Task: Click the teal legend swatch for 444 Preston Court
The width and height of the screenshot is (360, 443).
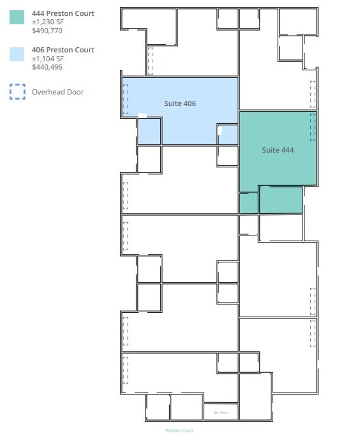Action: [17, 17]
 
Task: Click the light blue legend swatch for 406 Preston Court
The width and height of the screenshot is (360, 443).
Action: [17, 54]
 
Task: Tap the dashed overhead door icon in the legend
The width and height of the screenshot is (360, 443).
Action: [17, 92]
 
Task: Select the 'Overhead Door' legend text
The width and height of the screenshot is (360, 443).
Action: [57, 92]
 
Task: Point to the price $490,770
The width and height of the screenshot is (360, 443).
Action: [47, 30]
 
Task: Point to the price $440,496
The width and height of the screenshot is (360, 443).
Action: [47, 67]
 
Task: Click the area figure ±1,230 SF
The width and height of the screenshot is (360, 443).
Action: [48, 22]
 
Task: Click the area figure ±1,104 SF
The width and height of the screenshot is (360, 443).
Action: [48, 59]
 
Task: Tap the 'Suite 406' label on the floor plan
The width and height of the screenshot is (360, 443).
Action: [180, 103]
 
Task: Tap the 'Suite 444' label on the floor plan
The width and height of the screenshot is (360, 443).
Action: [278, 150]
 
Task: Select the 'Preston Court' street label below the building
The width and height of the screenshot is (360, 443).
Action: [179, 431]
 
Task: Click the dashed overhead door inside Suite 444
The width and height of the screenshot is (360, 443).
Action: [313, 127]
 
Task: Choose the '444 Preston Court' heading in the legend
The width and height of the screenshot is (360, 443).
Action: [63, 13]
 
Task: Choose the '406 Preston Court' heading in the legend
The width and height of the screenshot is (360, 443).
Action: [63, 50]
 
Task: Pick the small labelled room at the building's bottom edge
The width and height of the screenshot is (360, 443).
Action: [221, 412]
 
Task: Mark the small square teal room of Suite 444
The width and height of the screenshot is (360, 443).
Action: [248, 203]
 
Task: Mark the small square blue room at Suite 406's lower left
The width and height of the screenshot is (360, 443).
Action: [149, 132]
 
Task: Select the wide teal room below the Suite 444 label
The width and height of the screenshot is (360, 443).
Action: [281, 200]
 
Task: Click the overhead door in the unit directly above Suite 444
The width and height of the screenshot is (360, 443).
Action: [313, 94]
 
